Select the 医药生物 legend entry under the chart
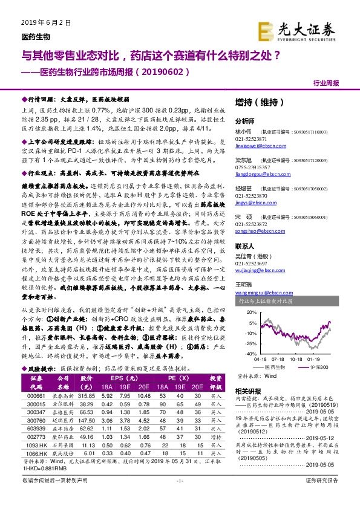pos(270,366)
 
